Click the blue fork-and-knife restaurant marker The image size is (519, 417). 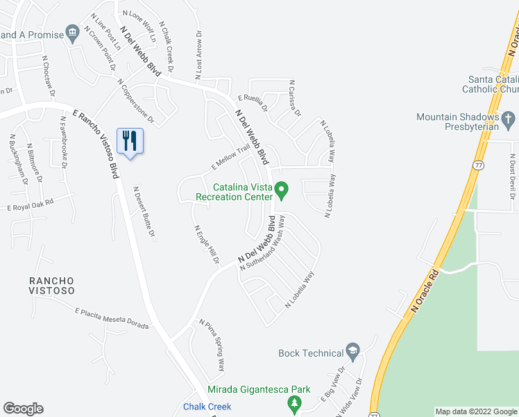point(130,141)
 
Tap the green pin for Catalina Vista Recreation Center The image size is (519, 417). point(281,188)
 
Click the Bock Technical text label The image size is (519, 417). point(311,353)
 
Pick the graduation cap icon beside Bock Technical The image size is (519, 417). point(353,352)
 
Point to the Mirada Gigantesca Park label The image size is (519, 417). point(259,390)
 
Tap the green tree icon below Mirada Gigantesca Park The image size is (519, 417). point(295,404)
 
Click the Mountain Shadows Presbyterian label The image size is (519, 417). point(457,122)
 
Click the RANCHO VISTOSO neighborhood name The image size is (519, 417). point(52,286)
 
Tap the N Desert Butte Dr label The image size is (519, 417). point(144,211)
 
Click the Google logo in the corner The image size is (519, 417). point(23,409)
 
